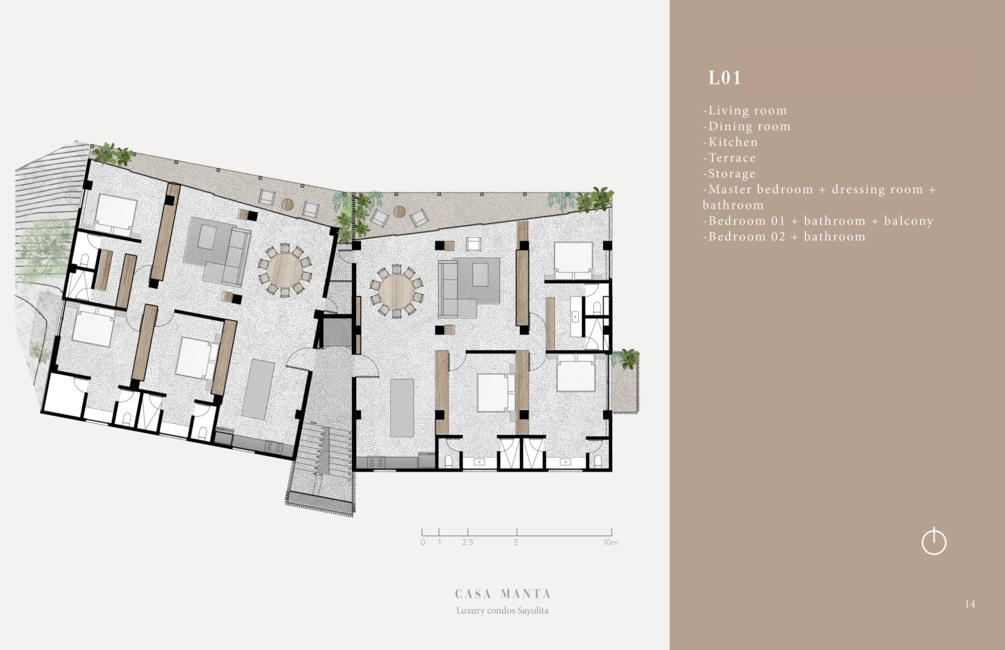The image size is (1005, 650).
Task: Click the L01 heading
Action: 725,78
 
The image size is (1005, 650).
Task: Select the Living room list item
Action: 745,110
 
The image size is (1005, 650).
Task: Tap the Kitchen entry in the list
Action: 730,142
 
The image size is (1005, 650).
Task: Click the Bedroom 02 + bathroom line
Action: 784,237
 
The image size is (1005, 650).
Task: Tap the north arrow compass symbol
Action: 934,541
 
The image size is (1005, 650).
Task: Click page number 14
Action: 970,604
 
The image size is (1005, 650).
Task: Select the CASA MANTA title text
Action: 502,593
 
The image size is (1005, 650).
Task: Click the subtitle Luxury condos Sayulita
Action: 502,610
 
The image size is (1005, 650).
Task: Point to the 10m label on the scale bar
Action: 610,542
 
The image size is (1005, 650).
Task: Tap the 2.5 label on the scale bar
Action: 467,542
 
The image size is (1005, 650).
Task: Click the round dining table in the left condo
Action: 285,270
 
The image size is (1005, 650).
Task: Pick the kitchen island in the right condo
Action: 402,408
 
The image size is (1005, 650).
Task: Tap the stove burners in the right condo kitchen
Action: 376,463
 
